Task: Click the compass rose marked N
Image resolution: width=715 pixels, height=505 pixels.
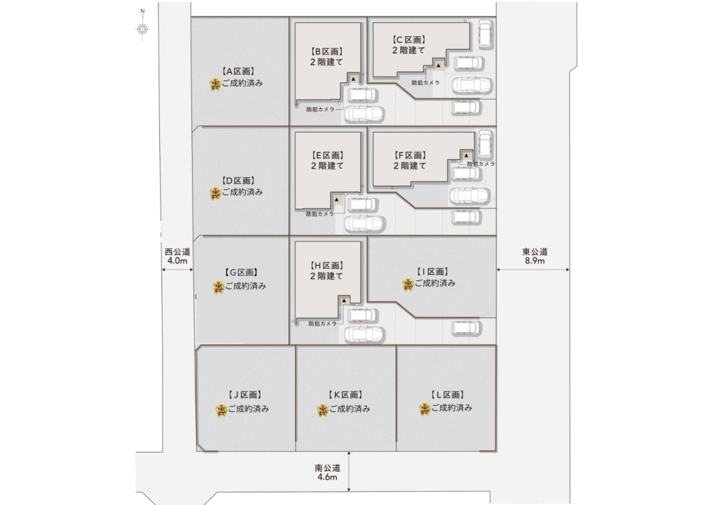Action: [x=142, y=29]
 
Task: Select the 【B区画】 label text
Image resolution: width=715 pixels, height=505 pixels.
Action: [x=327, y=52]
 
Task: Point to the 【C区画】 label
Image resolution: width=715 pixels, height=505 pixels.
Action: [x=409, y=40]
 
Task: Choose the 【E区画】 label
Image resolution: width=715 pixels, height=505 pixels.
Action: [x=327, y=156]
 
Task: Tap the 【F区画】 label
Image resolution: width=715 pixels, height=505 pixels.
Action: [x=410, y=156]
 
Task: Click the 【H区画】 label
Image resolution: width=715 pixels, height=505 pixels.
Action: [x=327, y=266]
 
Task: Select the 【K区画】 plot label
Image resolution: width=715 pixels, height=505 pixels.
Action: [x=345, y=395]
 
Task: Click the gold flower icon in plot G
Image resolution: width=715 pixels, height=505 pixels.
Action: [x=219, y=287]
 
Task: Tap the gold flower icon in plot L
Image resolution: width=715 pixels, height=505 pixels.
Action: [x=425, y=409]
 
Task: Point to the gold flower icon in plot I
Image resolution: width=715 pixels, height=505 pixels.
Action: [x=408, y=285]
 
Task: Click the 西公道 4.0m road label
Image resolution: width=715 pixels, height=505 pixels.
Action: [x=177, y=257]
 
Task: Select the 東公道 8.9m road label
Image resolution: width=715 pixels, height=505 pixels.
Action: [x=535, y=257]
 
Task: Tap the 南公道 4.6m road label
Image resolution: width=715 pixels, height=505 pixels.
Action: [x=327, y=473]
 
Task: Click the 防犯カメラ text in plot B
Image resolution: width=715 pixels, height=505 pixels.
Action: [x=320, y=110]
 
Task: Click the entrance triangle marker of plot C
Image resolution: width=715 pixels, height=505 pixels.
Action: [x=438, y=66]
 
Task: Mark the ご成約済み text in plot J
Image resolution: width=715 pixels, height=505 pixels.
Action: [x=249, y=409]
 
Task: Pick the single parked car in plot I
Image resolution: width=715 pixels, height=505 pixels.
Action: [x=466, y=327]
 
